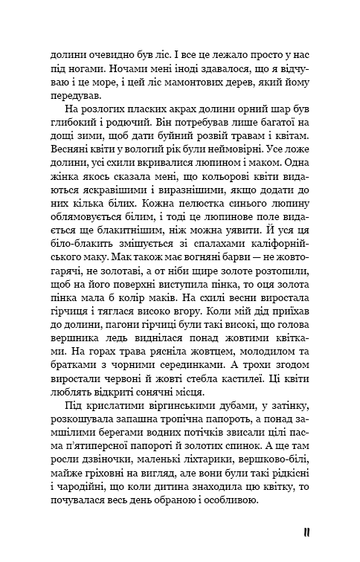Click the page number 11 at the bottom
(x=306, y=532)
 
